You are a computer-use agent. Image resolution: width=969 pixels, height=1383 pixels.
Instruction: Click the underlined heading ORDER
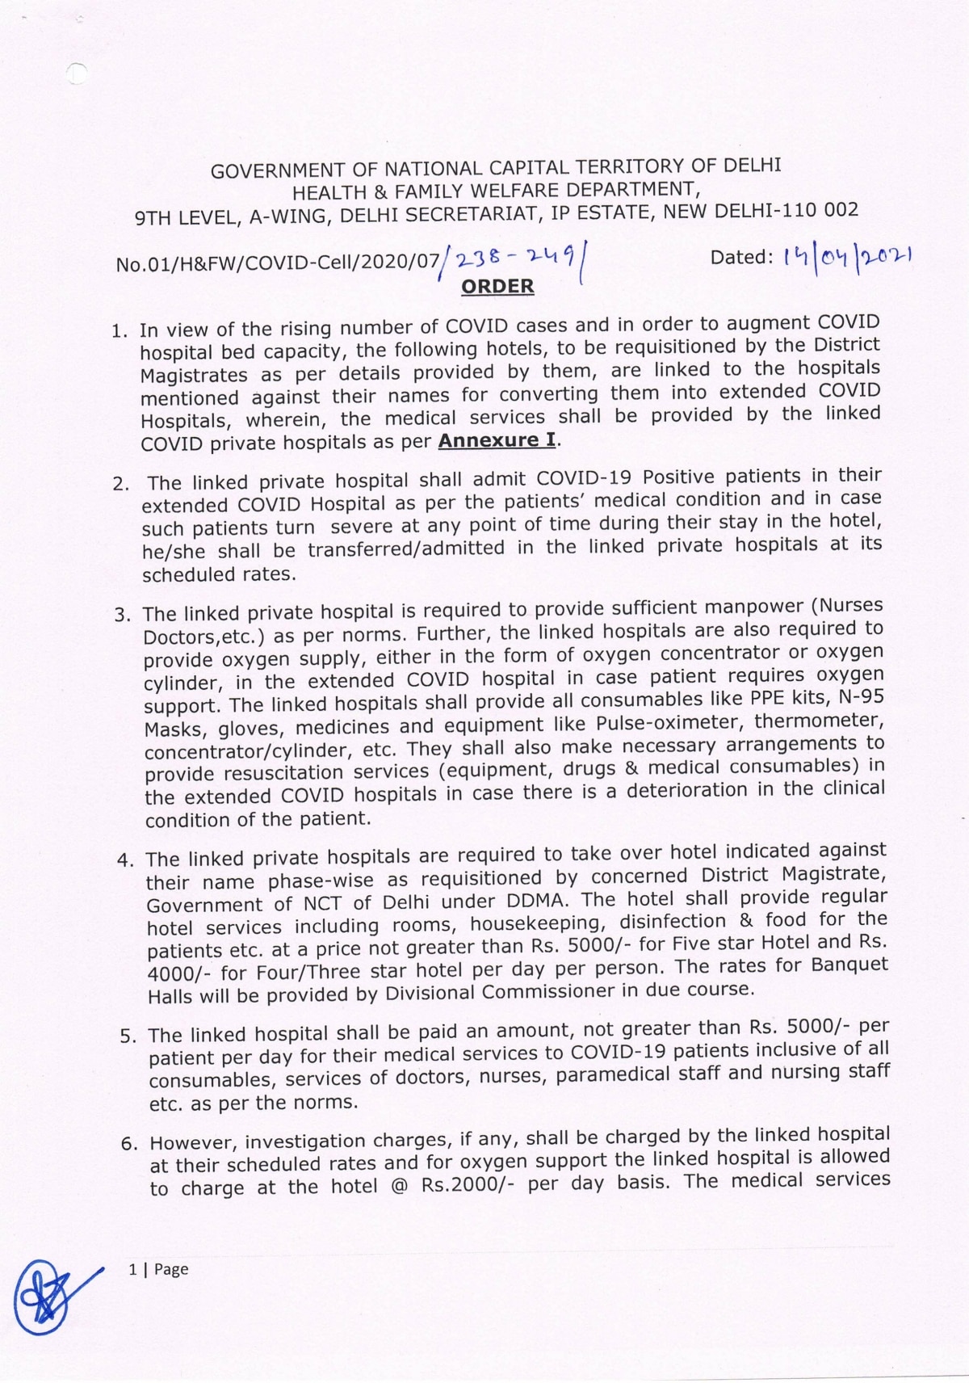[x=497, y=287]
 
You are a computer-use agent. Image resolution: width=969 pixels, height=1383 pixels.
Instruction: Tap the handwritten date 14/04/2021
[x=848, y=258]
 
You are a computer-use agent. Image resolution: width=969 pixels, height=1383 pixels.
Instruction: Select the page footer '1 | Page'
[x=158, y=1269]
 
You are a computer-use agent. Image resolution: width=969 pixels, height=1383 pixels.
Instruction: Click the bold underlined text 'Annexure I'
[x=497, y=440]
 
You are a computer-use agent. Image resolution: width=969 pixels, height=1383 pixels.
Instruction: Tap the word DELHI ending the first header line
[x=752, y=166]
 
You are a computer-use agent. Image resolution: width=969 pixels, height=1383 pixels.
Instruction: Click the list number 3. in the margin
[x=123, y=616]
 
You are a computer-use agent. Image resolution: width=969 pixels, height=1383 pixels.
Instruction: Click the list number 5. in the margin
[x=128, y=1036]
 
